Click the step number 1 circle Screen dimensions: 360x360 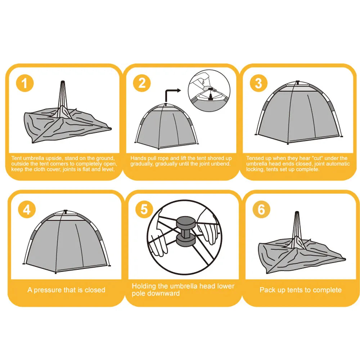(25, 83)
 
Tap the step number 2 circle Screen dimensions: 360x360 (142, 83)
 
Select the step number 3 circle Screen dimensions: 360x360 (258, 83)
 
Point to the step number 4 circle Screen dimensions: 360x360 (27, 210)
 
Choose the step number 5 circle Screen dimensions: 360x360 (144, 209)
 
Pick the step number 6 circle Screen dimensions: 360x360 (261, 209)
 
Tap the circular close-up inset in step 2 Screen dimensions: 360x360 (209, 91)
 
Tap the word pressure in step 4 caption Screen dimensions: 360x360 (48, 290)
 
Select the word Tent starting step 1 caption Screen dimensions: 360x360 (17, 158)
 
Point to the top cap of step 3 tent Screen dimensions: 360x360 (298, 82)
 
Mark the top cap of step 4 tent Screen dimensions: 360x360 (66, 211)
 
